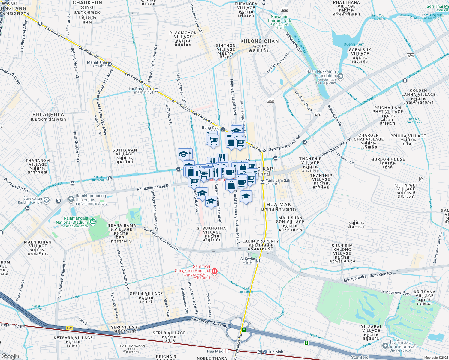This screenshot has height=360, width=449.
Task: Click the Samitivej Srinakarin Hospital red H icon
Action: click(214, 271)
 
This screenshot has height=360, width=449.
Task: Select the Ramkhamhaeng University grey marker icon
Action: click(71, 199)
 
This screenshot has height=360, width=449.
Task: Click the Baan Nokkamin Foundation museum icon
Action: click(340, 76)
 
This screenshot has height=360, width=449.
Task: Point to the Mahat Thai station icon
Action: click(110, 64)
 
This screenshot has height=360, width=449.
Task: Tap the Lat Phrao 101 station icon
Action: click(156, 90)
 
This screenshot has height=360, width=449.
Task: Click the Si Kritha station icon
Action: click(258, 261)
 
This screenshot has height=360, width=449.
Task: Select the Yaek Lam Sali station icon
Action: click(262, 182)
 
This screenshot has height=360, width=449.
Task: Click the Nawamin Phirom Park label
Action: click(279, 19)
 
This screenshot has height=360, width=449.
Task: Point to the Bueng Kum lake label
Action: click(354, 44)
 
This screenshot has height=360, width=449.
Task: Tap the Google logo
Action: click(10, 356)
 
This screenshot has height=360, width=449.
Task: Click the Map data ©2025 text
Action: click(436, 358)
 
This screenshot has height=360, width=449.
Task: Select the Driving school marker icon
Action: click(385, 346)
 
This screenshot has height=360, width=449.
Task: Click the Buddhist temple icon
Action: click(47, 199)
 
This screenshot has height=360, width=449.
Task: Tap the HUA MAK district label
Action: click(279, 207)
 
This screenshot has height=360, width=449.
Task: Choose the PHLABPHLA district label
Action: click(48, 117)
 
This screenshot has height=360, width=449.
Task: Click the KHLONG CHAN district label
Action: click(260, 43)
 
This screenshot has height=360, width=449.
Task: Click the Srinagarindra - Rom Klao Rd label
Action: click(368, 277)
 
